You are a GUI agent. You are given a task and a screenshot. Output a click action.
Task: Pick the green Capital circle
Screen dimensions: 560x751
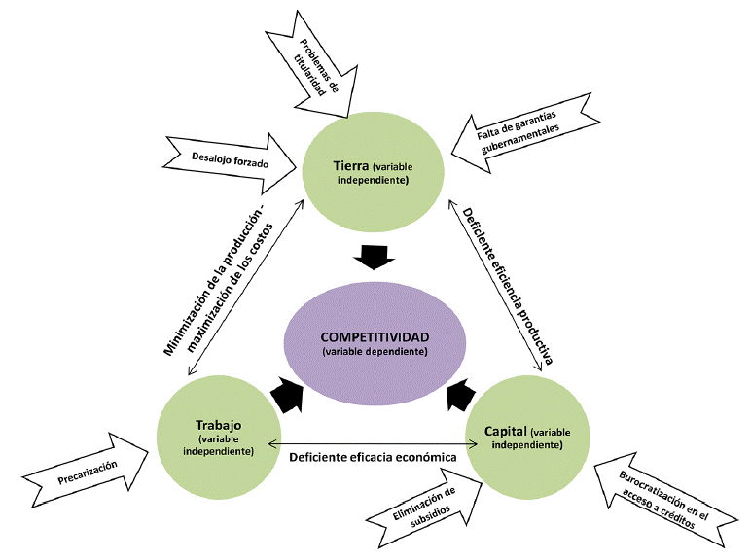[x=529, y=437]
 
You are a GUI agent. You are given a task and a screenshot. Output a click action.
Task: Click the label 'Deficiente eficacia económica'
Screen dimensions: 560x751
[x=374, y=454]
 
